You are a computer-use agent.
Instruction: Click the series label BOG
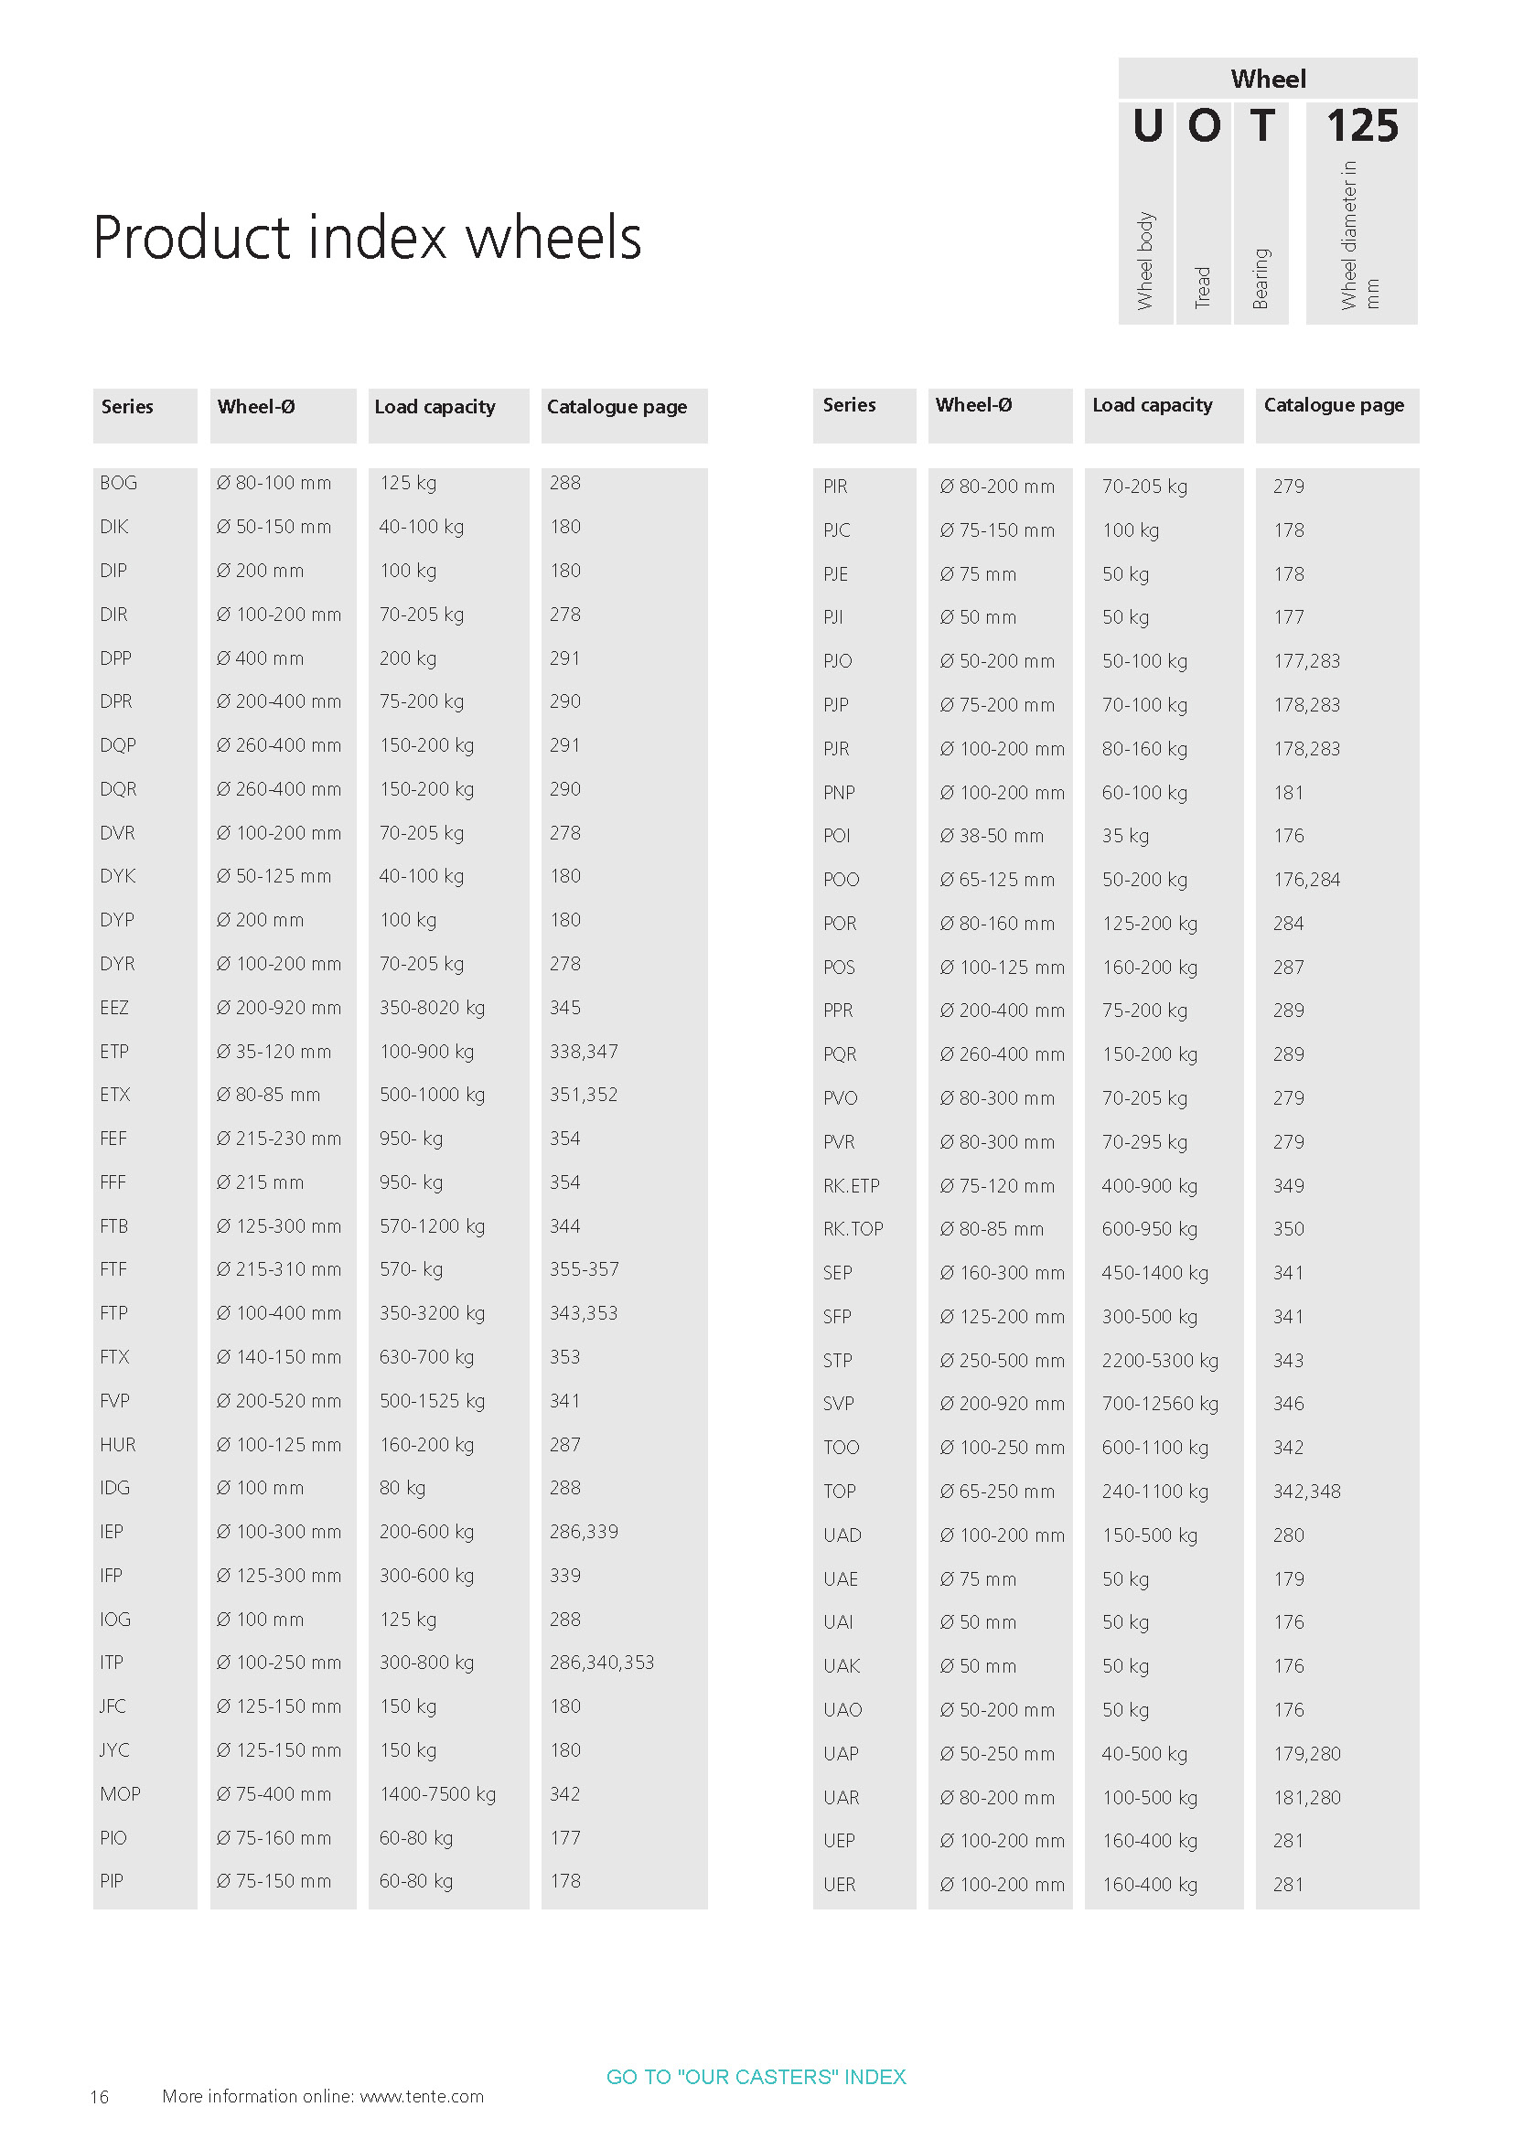[x=118, y=483]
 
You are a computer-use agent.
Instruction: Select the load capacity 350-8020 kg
[x=432, y=1007]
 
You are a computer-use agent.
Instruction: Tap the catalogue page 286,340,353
[x=601, y=1662]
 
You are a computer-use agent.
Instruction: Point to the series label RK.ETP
[x=851, y=1185]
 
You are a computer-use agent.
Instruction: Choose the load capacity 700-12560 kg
[x=1159, y=1403]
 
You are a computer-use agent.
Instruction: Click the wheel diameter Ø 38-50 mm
[x=992, y=836]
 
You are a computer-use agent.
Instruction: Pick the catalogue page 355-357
[x=584, y=1269]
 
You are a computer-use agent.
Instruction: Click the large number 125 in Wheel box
[x=1361, y=126]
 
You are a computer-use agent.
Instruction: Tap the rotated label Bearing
[x=1261, y=278]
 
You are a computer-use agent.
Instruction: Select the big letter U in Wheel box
[x=1147, y=126]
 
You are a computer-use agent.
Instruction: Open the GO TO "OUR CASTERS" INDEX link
[x=756, y=2077]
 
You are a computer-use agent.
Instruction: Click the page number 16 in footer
[x=100, y=2097]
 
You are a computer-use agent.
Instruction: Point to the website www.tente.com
[x=422, y=2096]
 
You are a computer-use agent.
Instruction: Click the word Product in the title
[x=192, y=238]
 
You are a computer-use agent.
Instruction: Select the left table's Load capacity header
[x=435, y=407]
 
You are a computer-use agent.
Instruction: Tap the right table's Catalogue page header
[x=1333, y=405]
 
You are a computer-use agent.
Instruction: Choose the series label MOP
[x=120, y=1793]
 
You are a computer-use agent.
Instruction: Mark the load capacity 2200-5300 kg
[x=1159, y=1360]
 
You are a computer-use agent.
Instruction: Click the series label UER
[x=839, y=1884]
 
